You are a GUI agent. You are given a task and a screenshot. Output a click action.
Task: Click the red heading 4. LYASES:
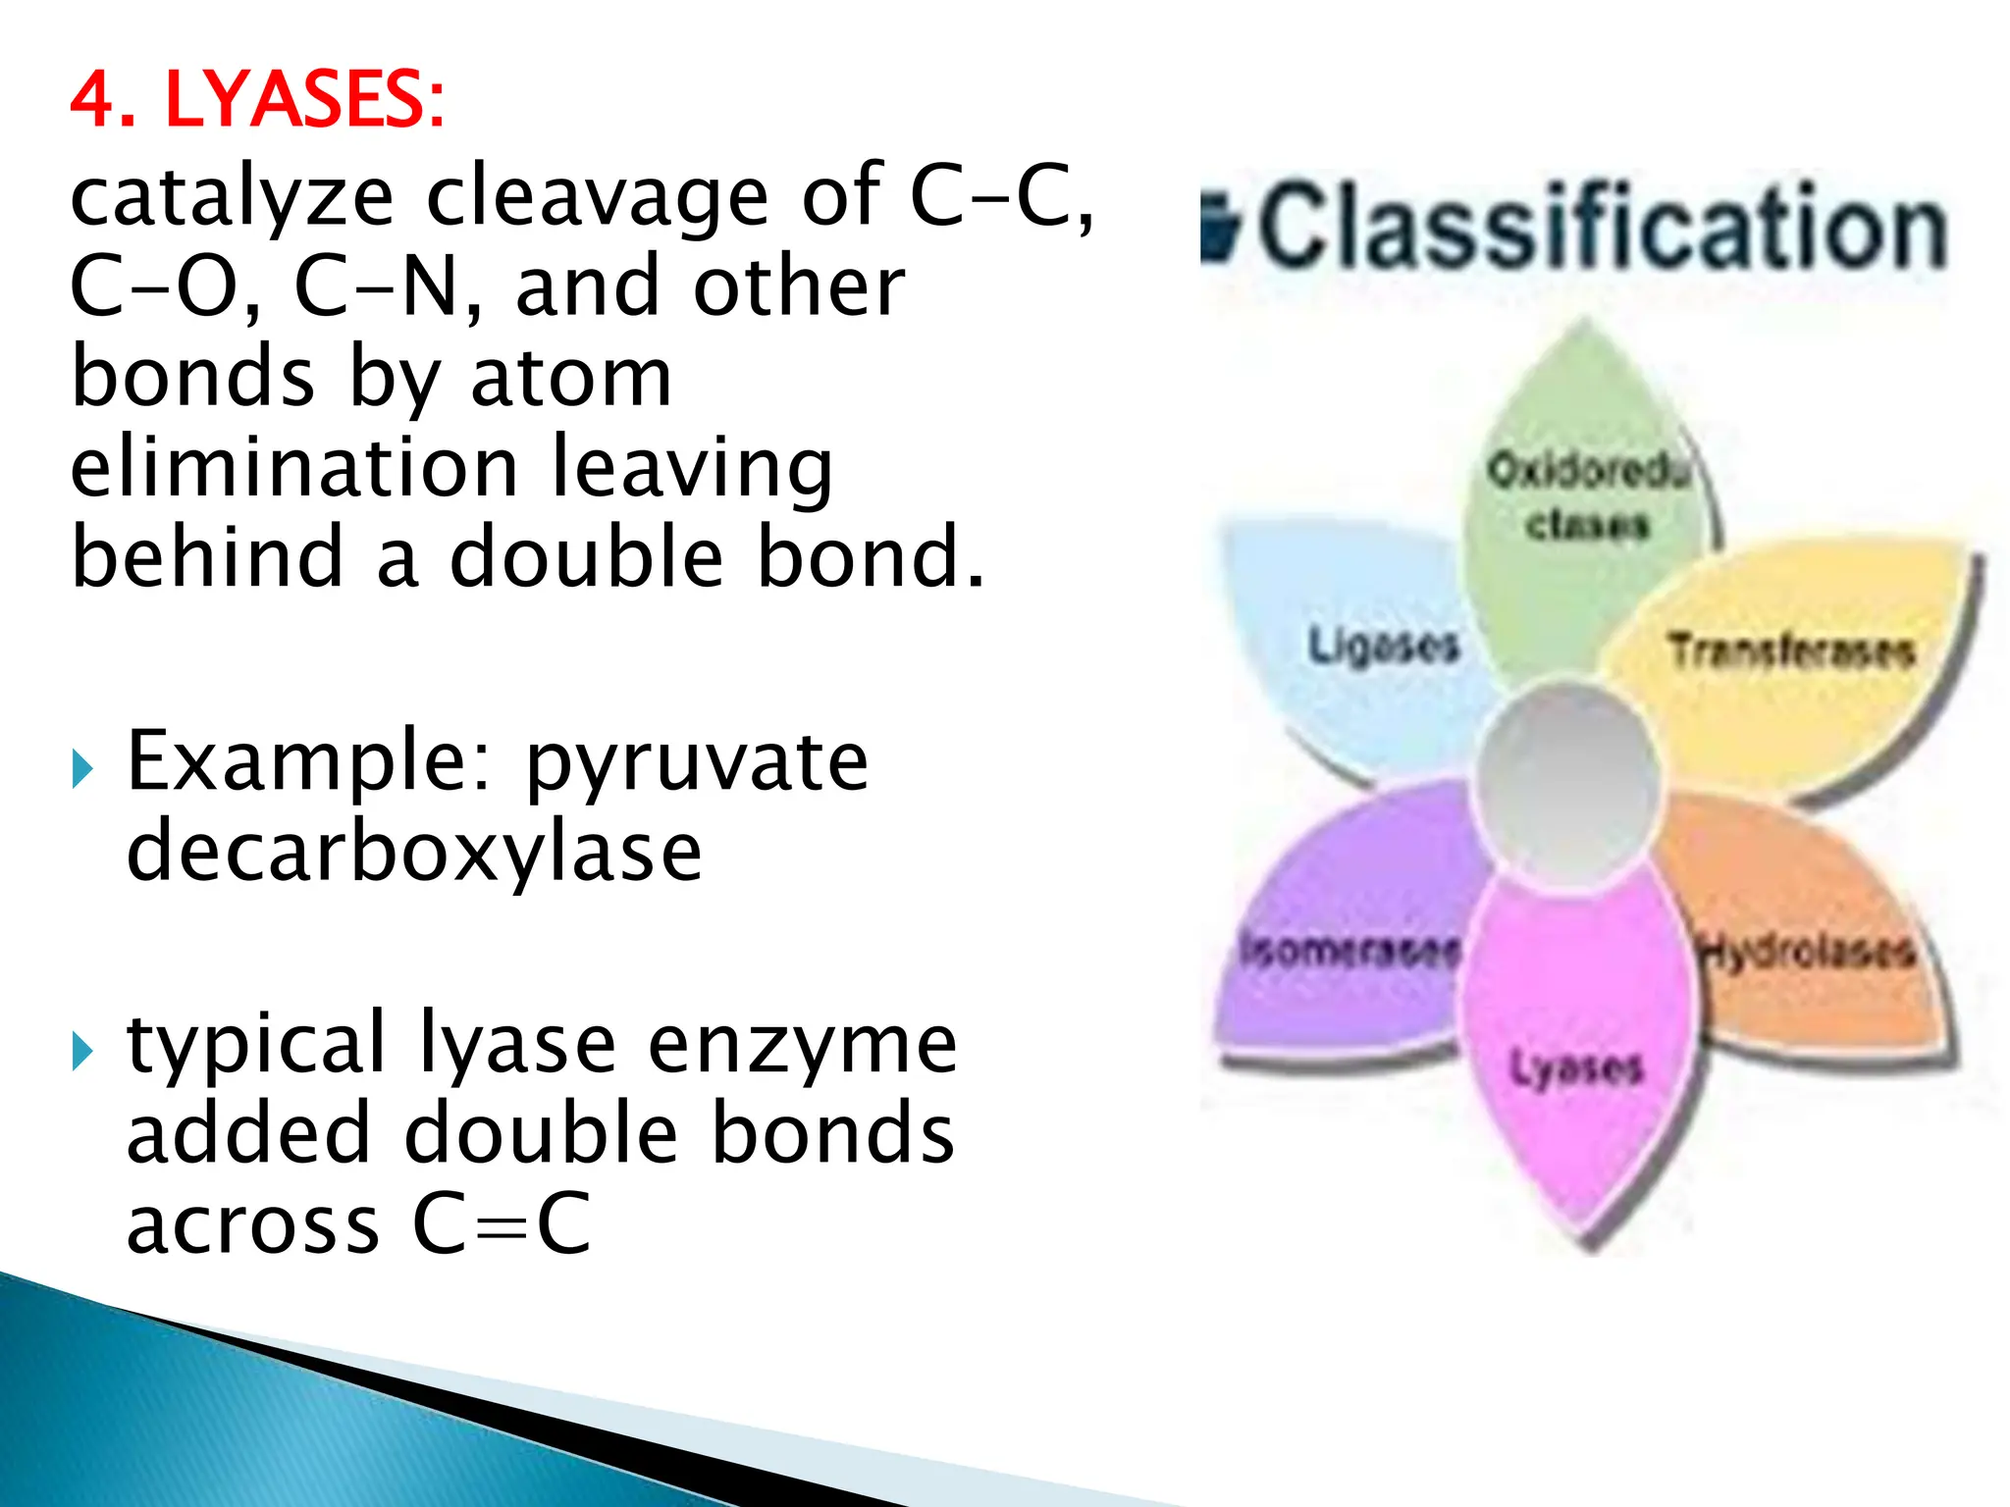257,100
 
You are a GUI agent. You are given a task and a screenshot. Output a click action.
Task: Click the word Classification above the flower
1602,228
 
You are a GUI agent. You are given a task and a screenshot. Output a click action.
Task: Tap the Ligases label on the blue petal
1384,646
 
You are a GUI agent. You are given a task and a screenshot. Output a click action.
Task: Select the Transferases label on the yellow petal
1792,650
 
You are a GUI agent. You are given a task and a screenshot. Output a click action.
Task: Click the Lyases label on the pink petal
1576,1067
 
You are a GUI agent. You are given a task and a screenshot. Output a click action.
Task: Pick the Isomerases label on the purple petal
1350,950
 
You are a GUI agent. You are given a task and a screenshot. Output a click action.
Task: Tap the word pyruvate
697,763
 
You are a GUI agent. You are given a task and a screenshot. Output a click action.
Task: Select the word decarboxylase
414,852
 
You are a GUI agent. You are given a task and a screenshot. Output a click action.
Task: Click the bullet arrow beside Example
82,768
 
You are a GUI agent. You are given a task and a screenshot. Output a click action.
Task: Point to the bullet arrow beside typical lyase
82,1052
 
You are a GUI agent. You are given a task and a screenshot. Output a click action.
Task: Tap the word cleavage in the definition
597,196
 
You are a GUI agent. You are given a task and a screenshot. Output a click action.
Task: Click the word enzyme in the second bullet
802,1044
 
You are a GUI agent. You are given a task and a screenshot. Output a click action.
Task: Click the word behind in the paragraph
207,557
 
